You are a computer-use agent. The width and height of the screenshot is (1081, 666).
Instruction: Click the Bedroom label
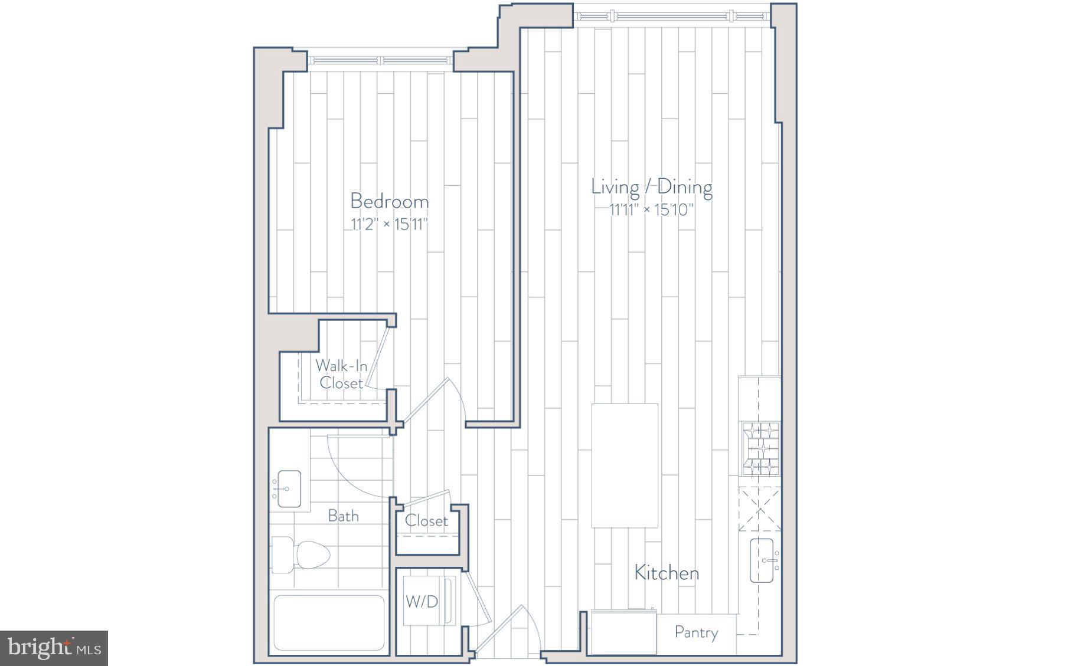(x=389, y=201)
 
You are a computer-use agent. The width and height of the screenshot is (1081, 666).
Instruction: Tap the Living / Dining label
(x=651, y=187)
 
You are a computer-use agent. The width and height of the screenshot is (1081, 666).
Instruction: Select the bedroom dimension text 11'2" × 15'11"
(x=389, y=224)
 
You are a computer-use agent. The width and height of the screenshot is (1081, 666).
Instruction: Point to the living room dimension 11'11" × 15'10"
(x=651, y=209)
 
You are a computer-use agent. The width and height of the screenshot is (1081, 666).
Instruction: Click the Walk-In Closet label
(x=341, y=374)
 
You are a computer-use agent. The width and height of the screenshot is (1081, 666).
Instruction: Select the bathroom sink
(x=289, y=489)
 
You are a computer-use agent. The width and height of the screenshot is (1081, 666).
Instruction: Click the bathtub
(x=329, y=622)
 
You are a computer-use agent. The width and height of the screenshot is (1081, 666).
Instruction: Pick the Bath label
(x=343, y=516)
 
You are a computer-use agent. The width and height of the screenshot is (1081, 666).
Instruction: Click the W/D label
(x=422, y=602)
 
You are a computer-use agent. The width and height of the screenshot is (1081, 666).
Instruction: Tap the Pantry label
(x=696, y=633)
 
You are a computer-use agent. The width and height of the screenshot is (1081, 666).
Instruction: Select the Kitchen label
(x=667, y=573)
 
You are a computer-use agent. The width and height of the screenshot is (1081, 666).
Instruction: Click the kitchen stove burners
(x=760, y=449)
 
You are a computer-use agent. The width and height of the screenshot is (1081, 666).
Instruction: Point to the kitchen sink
(x=762, y=560)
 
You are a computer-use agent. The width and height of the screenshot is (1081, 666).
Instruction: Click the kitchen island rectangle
(x=625, y=465)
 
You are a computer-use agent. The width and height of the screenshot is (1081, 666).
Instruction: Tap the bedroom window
(x=380, y=60)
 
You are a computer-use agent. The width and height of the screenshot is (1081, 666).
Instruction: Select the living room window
(x=672, y=15)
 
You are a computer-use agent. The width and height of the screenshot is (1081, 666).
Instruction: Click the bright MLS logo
(x=54, y=648)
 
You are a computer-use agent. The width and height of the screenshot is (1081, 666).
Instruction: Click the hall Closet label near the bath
(x=426, y=521)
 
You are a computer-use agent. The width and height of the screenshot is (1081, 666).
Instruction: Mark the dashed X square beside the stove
(x=759, y=510)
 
